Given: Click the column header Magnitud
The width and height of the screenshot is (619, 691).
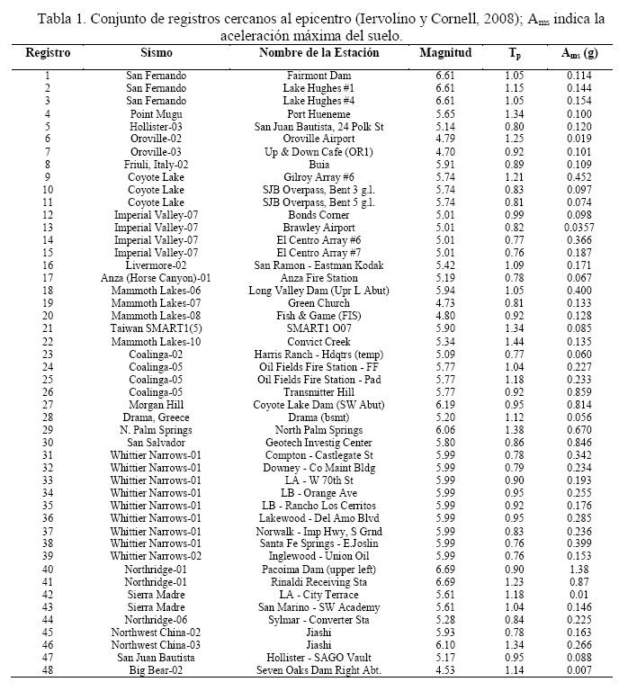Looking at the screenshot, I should point(445,53).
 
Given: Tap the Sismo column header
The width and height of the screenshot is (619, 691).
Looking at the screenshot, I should point(157,53).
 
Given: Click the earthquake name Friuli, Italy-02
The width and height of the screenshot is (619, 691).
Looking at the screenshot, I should point(157,165).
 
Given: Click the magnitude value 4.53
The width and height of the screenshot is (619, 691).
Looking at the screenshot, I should point(445,669).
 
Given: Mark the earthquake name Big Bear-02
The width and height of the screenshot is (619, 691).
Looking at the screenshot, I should point(157,669).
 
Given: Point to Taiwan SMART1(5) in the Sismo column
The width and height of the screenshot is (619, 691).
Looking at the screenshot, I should point(157,328).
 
